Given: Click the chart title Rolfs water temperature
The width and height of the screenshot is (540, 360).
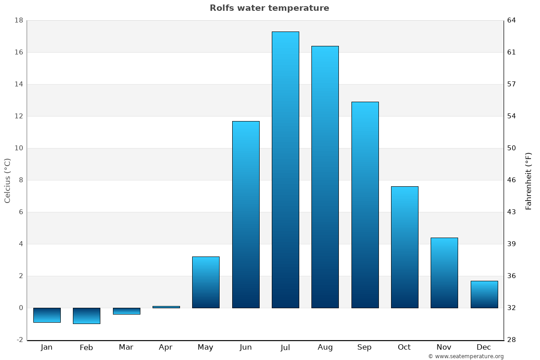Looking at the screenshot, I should tap(269, 8).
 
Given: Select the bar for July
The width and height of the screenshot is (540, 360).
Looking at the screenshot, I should tap(285, 170).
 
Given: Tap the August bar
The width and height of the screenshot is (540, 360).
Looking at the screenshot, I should tap(325, 177).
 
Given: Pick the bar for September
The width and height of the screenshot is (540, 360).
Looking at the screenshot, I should tap(365, 205).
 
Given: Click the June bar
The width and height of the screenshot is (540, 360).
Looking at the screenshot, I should tap(246, 214).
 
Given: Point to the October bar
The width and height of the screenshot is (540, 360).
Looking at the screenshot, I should tap(405, 247).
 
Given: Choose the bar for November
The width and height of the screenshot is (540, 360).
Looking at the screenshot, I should tap(444, 273).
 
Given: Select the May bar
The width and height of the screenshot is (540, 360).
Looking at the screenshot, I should tap(206, 282).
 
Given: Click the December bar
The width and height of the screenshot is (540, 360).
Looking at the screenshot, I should tap(484, 294).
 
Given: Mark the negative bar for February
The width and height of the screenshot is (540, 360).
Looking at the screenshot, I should tap(86, 316).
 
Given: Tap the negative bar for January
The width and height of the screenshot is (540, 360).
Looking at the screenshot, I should tap(47, 315).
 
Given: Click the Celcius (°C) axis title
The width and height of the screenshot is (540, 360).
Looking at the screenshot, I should tap(7, 180).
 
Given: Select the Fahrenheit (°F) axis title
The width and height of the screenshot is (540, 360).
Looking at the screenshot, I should tap(528, 180).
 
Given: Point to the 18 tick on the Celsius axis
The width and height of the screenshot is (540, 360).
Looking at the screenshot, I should tap(19, 20).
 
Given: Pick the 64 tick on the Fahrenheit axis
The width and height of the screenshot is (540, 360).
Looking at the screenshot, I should tap(512, 20).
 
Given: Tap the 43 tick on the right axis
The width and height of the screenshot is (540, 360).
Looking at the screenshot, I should tap(512, 212).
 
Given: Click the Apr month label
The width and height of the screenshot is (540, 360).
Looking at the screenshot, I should tap(166, 347).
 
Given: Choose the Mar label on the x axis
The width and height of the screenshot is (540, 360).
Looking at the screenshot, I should tap(126, 347).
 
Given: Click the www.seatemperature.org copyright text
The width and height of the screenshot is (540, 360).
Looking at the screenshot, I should tap(466, 356).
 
